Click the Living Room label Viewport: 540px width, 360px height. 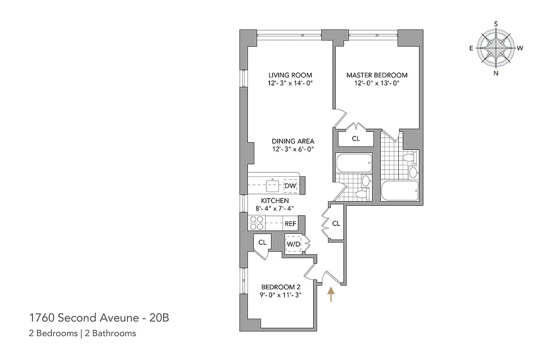pyautogui.click(x=290, y=75)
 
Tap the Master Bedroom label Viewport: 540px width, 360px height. pyautogui.click(x=377, y=75)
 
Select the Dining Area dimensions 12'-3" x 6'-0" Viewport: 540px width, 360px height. pyautogui.click(x=293, y=149)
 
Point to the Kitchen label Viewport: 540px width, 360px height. pyautogui.click(x=275, y=201)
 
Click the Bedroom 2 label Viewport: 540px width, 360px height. pyautogui.click(x=281, y=287)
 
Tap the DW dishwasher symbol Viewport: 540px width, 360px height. pyautogui.click(x=290, y=186)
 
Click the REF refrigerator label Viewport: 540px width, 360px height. pyautogui.click(x=290, y=224)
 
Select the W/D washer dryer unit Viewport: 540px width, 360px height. pyautogui.click(x=293, y=244)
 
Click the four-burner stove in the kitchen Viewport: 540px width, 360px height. pyautogui.click(x=256, y=223)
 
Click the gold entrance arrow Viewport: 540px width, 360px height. pyautogui.click(x=331, y=294)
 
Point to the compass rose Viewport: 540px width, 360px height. pyautogui.click(x=496, y=48)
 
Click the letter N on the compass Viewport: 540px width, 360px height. pyautogui.click(x=496, y=73)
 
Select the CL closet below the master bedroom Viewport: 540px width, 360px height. pyautogui.click(x=356, y=139)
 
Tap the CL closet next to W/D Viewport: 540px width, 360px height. pyautogui.click(x=262, y=243)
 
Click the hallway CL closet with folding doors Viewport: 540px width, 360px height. pyautogui.click(x=336, y=224)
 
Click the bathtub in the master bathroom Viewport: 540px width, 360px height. pyautogui.click(x=400, y=191)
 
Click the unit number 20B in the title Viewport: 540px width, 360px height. pyautogui.click(x=159, y=318)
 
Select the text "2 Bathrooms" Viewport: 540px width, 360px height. pyautogui.click(x=110, y=333)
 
